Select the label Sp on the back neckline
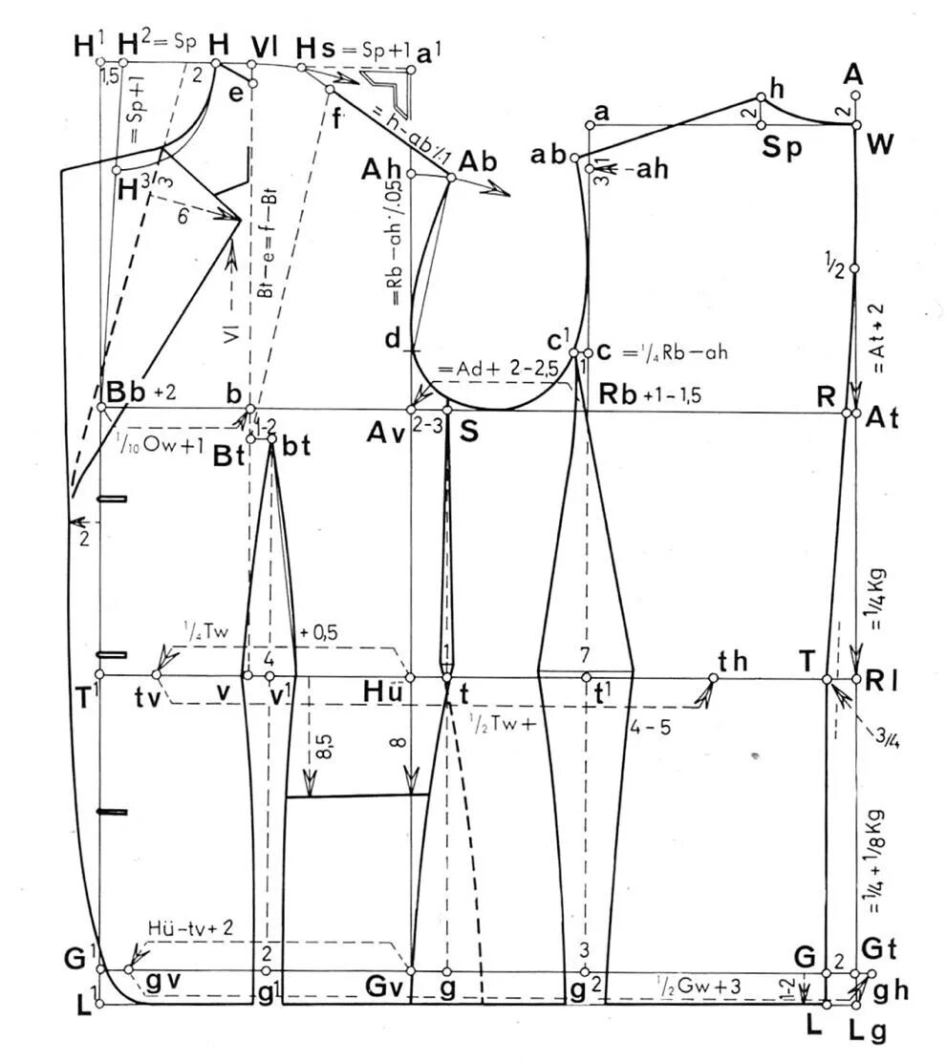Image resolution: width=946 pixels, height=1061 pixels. [x=781, y=146]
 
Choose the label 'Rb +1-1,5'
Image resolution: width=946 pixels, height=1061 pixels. [x=640, y=393]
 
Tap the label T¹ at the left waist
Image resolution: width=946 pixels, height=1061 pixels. [x=88, y=697]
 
